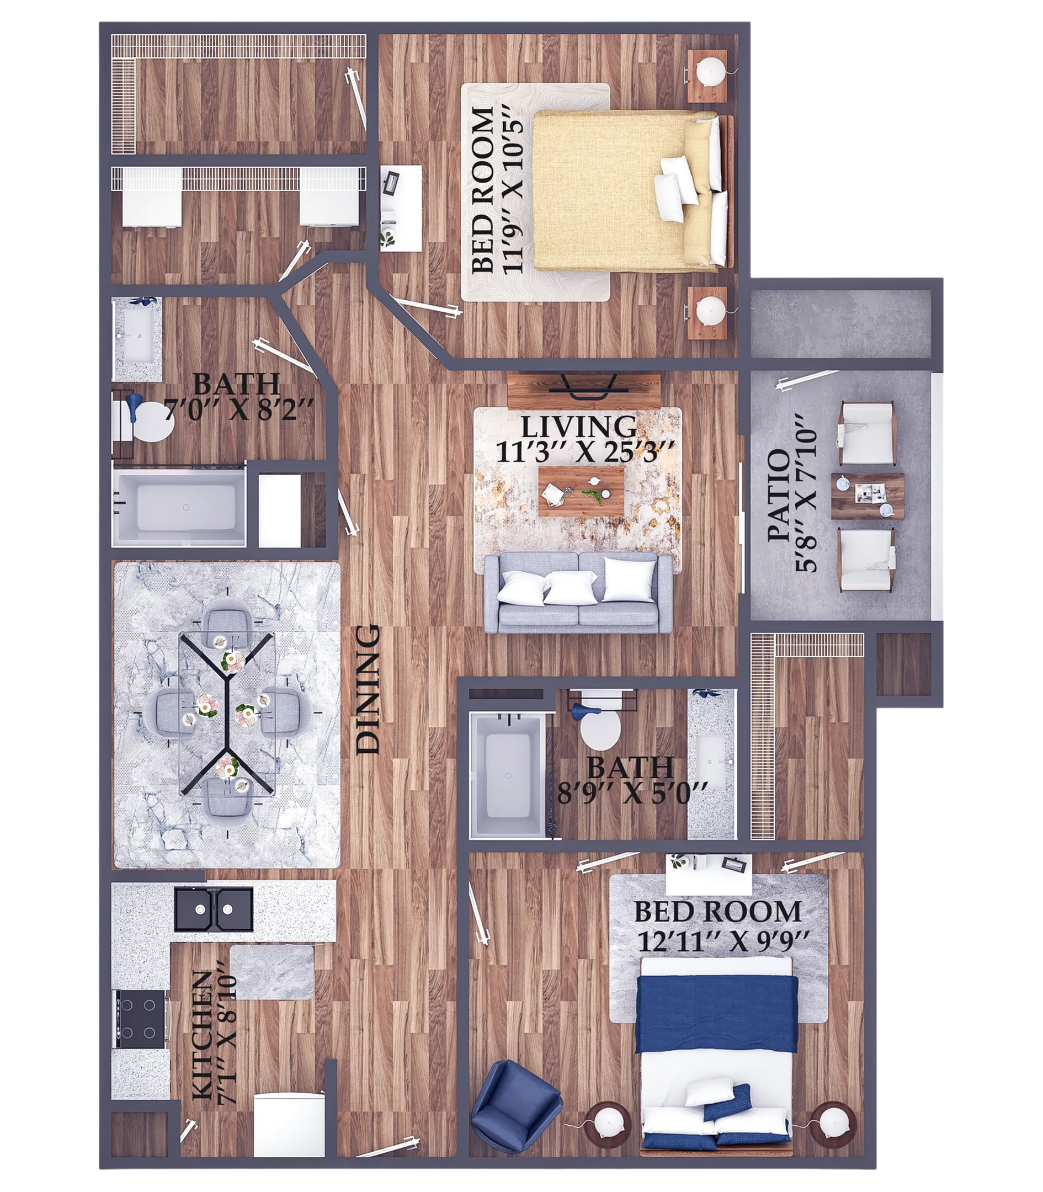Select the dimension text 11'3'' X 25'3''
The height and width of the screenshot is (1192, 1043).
(x=579, y=452)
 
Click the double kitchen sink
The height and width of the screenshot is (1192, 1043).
(x=214, y=909)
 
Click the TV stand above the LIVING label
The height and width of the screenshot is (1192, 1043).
(x=584, y=392)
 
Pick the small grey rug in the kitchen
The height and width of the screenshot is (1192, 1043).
(x=272, y=971)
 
